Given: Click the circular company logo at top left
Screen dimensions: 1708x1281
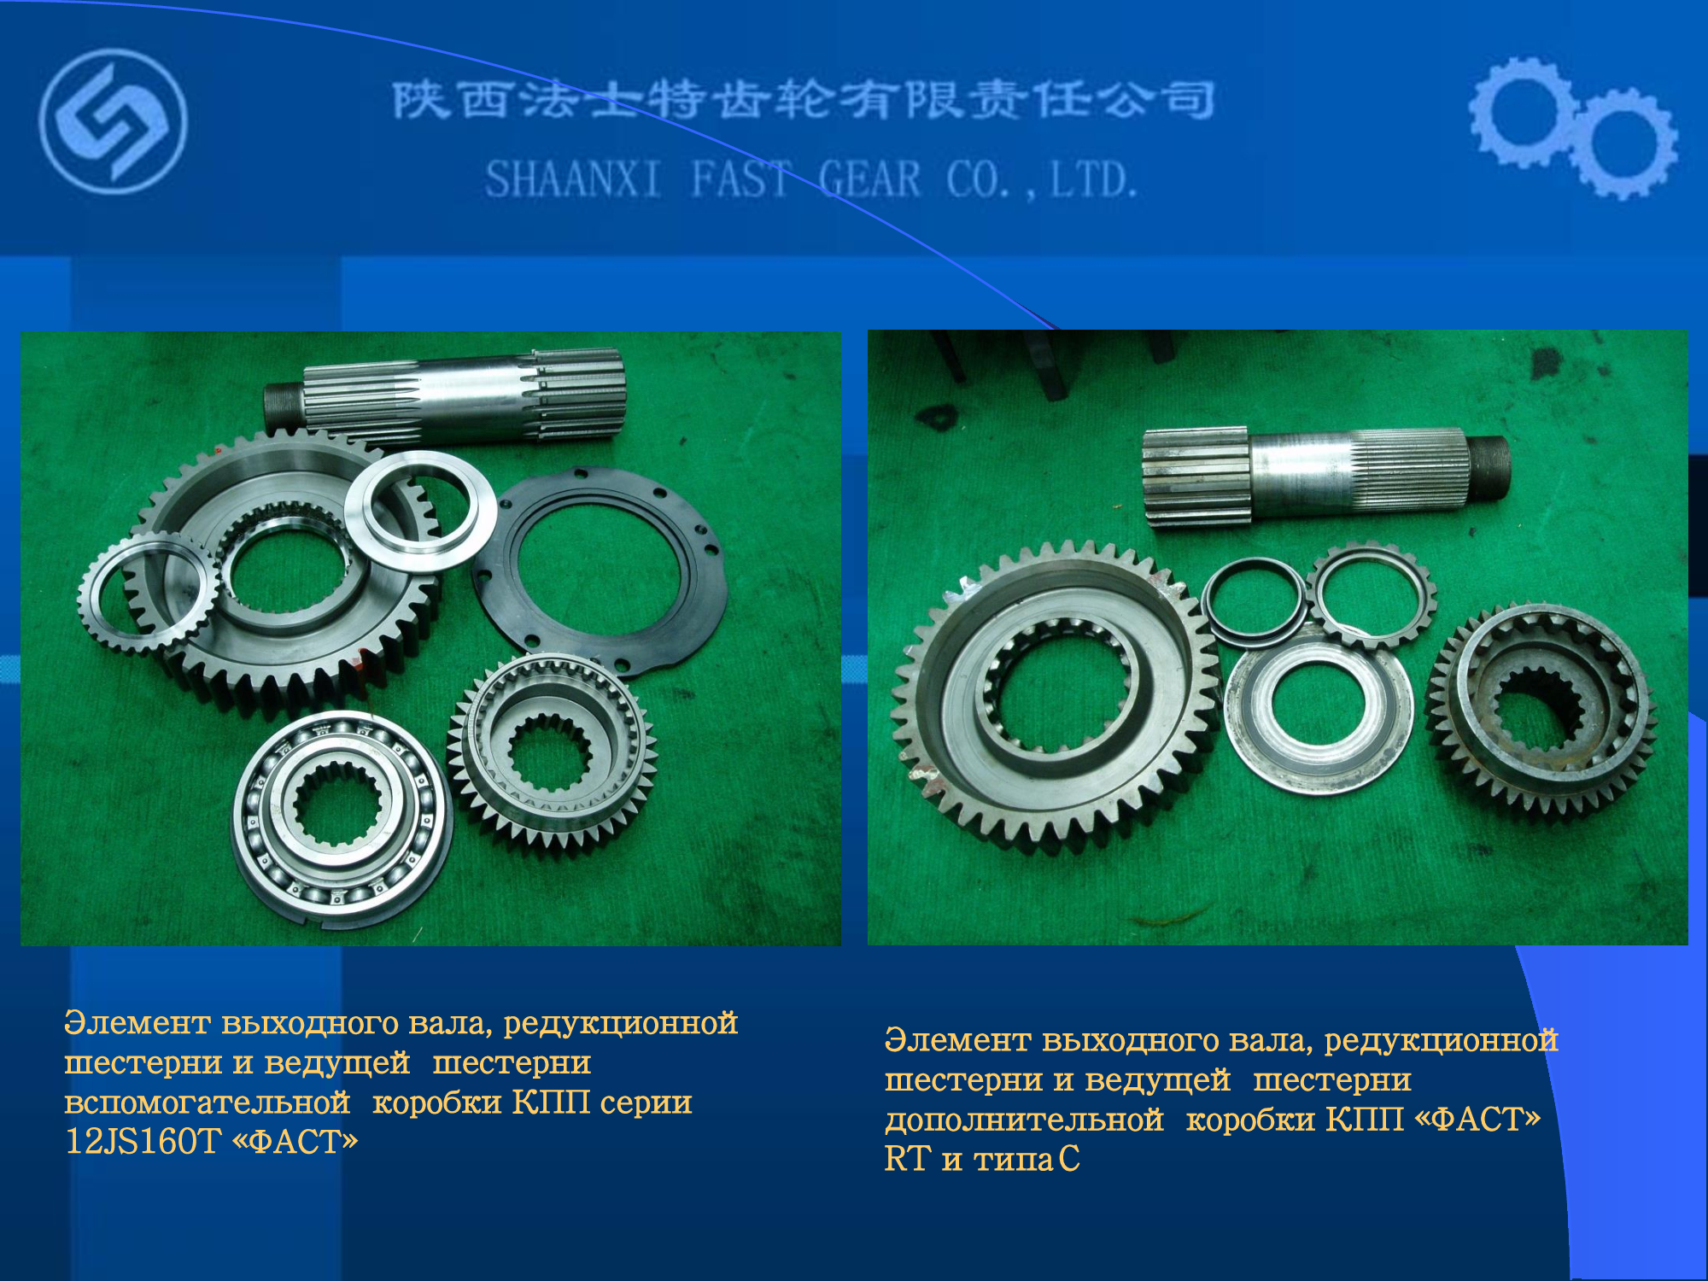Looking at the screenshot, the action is click(x=113, y=121).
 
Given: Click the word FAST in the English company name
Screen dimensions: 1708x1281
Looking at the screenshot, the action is click(x=740, y=180).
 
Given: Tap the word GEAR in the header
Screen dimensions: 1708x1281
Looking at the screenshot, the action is click(x=869, y=180).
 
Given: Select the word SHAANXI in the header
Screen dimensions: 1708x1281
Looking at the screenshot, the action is click(x=573, y=180).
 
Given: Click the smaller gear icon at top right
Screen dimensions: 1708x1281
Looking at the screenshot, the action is click(x=1623, y=143).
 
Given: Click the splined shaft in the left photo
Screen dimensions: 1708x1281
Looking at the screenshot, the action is click(x=445, y=395).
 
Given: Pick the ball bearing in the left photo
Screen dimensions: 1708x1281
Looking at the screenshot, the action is click(x=342, y=819).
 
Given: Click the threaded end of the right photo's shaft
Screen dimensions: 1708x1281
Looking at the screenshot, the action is click(x=1487, y=469).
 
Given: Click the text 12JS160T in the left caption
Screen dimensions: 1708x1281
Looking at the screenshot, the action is click(x=143, y=1142).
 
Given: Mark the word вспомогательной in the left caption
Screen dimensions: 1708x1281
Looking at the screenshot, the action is click(x=207, y=1103).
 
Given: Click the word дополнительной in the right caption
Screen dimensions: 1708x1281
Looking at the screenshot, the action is click(x=1024, y=1120).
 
